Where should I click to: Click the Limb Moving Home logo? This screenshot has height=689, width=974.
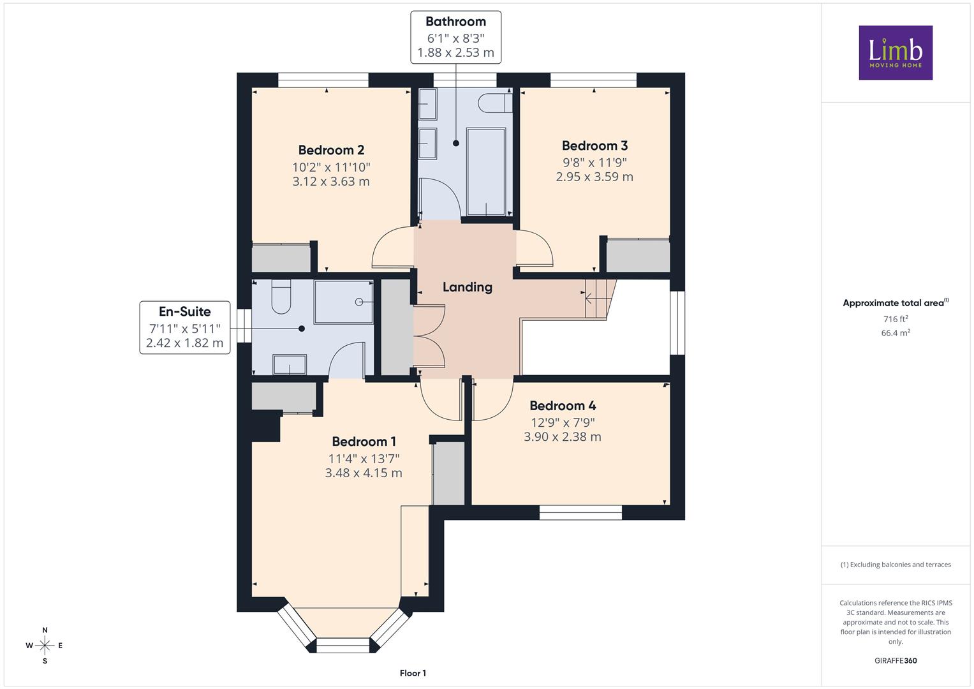(x=896, y=52)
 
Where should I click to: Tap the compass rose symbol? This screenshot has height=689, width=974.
(x=45, y=646)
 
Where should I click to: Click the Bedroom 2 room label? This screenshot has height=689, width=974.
(x=331, y=150)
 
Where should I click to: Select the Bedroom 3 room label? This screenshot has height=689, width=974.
(x=594, y=145)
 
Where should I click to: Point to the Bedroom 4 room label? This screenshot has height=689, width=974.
(x=563, y=405)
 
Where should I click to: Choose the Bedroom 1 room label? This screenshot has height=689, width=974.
(x=364, y=441)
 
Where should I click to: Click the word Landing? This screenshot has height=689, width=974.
(x=468, y=287)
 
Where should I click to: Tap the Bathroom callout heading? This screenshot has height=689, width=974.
(x=455, y=21)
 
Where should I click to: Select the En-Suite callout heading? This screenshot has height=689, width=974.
(x=185, y=311)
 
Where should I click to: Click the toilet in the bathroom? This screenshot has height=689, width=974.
(x=495, y=103)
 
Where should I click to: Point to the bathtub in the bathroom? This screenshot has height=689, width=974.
(x=486, y=172)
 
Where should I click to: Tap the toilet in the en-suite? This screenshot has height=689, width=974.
(x=281, y=296)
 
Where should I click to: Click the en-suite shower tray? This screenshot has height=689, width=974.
(x=344, y=302)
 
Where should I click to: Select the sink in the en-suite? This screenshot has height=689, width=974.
(x=289, y=364)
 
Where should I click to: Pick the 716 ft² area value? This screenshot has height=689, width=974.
(x=896, y=319)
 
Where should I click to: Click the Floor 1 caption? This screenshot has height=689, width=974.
(x=413, y=673)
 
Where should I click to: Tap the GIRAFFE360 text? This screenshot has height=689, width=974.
(x=896, y=660)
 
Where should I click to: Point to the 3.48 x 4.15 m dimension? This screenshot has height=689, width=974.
(x=364, y=473)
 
